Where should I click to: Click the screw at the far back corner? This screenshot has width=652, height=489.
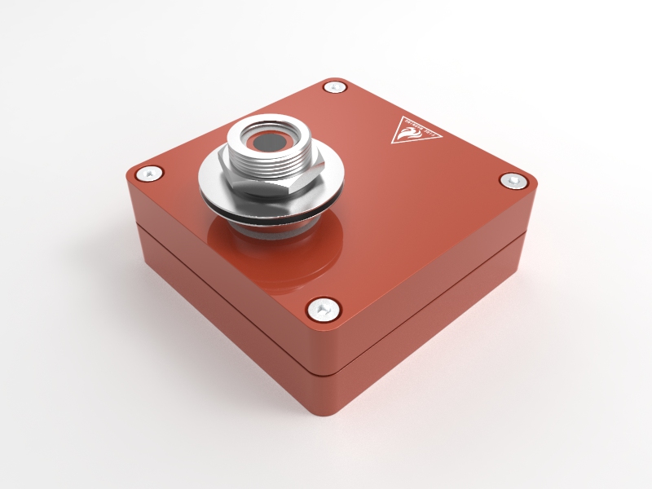pyautogui.click(x=333, y=86)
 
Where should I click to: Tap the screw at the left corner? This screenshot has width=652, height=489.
pyautogui.click(x=148, y=173)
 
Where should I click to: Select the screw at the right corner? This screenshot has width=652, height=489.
pyautogui.click(x=513, y=181)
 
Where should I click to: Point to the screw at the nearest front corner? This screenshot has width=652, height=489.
pyautogui.click(x=324, y=308)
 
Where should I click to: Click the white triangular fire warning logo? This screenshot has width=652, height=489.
pyautogui.click(x=414, y=130)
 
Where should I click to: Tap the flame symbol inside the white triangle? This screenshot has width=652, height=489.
pyautogui.click(x=413, y=128)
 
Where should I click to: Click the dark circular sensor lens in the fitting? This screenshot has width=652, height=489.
pyautogui.click(x=267, y=143)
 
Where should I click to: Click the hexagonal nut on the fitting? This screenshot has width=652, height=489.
pyautogui.click(x=253, y=183)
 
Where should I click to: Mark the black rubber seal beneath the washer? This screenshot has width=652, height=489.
pyautogui.click(x=269, y=220)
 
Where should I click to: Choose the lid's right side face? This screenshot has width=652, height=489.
pyautogui.click(x=440, y=277)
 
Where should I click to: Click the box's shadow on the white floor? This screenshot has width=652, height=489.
pyautogui.click(x=456, y=359)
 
